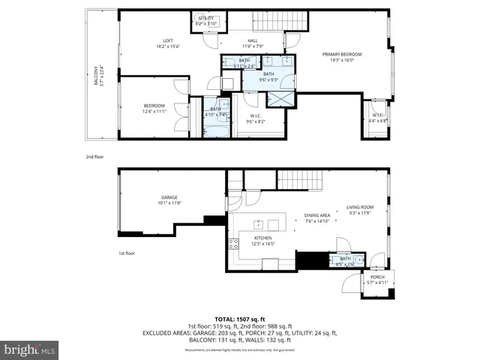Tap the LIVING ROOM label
point(360,210)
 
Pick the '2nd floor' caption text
point(95,157)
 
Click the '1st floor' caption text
point(126,253)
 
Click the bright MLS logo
point(30,349)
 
